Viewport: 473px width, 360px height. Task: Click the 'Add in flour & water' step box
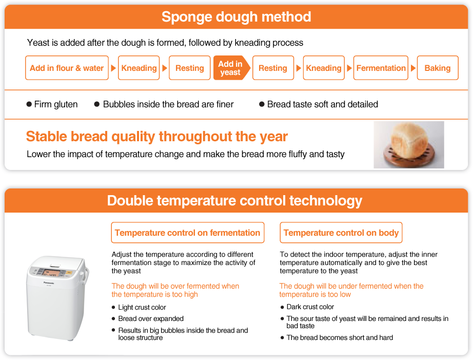(x=67, y=68)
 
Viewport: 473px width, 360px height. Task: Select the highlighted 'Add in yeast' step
(x=231, y=68)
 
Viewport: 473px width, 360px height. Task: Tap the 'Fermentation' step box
(x=381, y=68)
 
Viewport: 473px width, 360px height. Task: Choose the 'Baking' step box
(x=438, y=68)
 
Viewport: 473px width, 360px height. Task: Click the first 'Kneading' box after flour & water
(x=139, y=68)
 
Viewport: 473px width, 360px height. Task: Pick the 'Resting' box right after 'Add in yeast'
(x=273, y=68)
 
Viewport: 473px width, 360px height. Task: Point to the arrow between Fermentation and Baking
(x=413, y=68)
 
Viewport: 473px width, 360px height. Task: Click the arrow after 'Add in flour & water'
(x=113, y=68)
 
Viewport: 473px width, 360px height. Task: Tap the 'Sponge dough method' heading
(x=236, y=16)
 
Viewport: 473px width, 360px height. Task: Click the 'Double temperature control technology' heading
(x=234, y=200)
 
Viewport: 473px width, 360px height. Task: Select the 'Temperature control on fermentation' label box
(x=188, y=233)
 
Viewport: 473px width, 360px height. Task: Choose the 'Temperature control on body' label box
(x=341, y=233)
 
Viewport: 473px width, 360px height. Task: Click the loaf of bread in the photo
(x=409, y=139)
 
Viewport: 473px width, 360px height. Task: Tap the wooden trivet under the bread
(x=409, y=157)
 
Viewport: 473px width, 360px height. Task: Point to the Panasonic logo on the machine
(x=49, y=283)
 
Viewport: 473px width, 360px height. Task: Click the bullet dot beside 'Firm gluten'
(x=29, y=104)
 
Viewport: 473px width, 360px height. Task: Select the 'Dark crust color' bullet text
(x=310, y=307)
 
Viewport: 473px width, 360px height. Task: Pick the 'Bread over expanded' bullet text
(x=151, y=318)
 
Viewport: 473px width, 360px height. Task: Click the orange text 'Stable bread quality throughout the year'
(x=157, y=137)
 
